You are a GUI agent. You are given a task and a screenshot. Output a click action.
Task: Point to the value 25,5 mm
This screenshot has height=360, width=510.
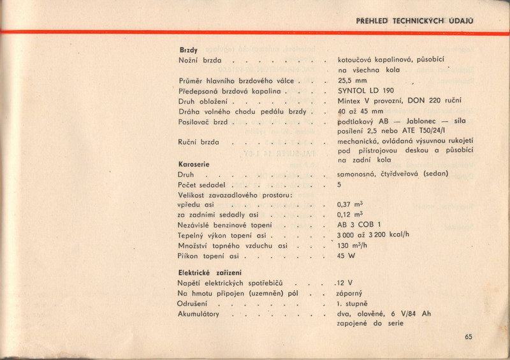click(353, 81)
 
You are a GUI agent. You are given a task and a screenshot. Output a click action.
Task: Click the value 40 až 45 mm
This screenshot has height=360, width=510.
click(361, 111)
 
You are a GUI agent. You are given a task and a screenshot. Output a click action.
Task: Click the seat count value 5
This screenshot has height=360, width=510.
click(340, 184)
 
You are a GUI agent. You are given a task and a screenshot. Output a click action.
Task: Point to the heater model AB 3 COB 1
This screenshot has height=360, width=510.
click(360, 226)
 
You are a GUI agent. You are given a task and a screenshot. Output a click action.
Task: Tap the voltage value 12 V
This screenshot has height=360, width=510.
click(345, 282)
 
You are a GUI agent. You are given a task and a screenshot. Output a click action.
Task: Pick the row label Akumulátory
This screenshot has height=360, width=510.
click(200, 313)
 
